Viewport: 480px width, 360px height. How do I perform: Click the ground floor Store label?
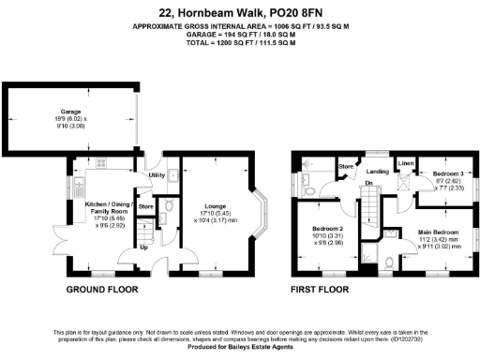145,205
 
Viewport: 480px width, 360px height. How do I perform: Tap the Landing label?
377,171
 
